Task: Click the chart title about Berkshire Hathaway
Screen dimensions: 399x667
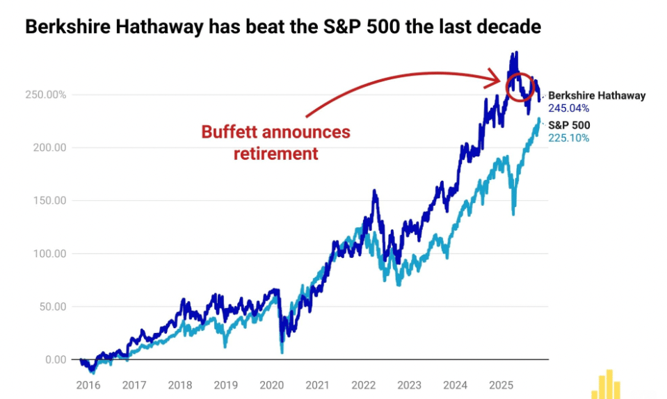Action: [x=282, y=27]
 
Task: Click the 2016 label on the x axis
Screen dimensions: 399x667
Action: [x=88, y=384]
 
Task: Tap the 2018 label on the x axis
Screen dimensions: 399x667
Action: [x=180, y=384]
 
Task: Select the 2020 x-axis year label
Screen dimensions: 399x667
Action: [x=272, y=384]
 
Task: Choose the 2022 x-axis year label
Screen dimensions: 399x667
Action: [x=364, y=384]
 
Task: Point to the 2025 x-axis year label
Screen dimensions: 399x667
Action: [x=501, y=384]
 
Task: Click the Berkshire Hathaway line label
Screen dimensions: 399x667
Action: [x=597, y=96]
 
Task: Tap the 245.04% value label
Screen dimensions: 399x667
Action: [x=569, y=108]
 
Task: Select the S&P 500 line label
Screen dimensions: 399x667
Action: [x=569, y=125]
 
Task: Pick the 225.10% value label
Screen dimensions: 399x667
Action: [x=568, y=138]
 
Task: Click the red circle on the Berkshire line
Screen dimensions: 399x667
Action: [x=522, y=86]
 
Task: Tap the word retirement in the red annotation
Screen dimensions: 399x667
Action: [x=275, y=153]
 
